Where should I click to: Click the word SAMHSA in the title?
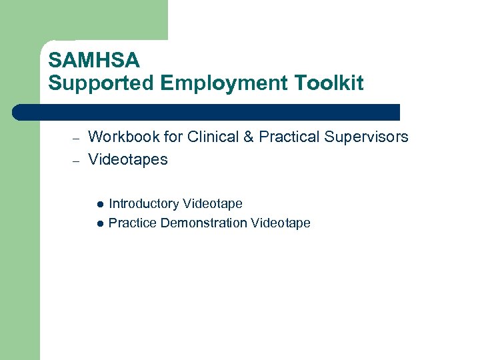pyautogui.click(x=94, y=61)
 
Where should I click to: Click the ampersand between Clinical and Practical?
pyautogui.click(x=247, y=137)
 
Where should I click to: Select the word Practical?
pyautogui.click(x=289, y=137)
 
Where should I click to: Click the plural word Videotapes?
pyautogui.click(x=128, y=160)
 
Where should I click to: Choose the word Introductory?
pyautogui.click(x=143, y=204)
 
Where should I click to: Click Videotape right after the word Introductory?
pyautogui.click(x=213, y=204)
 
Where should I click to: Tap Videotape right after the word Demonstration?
pyautogui.click(x=281, y=223)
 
